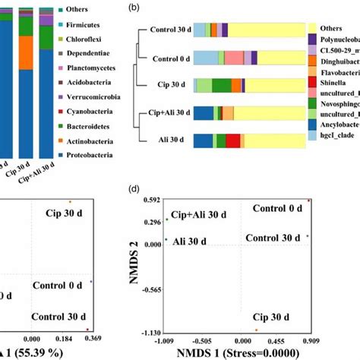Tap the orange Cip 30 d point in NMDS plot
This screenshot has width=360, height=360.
[257, 330]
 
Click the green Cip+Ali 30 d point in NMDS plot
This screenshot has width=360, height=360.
[166, 220]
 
